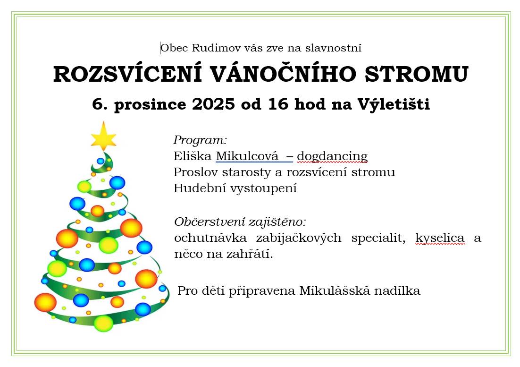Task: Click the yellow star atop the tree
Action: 103,137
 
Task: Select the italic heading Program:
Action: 200,140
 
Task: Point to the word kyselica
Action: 440,238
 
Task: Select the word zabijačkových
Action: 298,238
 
